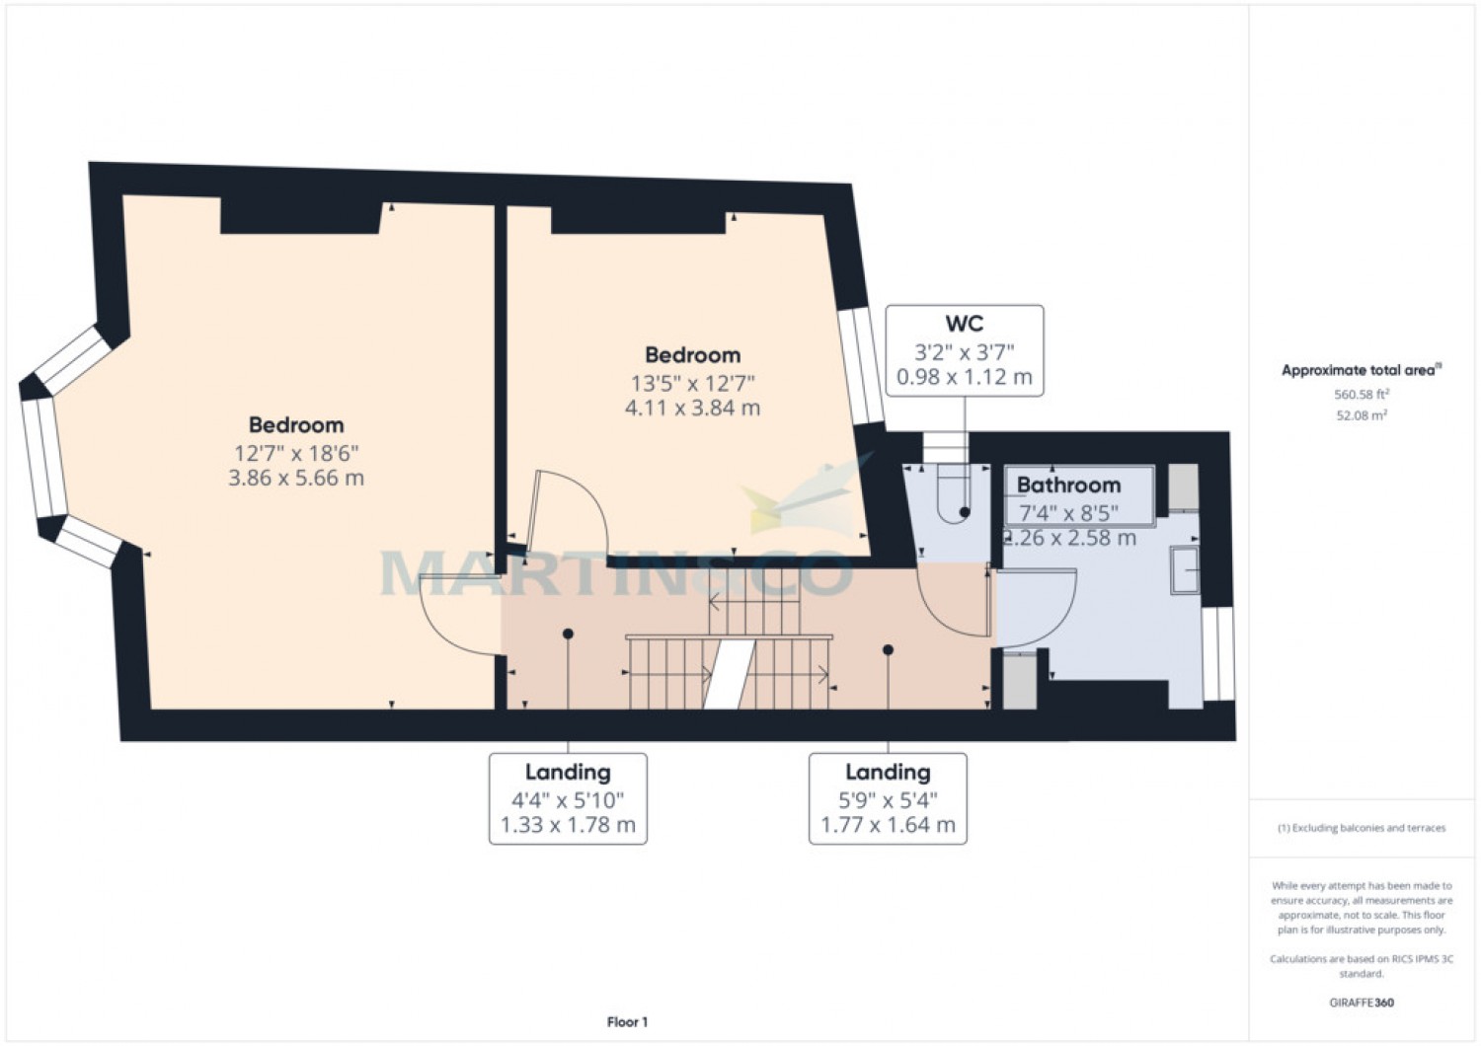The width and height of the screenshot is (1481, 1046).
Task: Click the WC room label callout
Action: coord(964,350)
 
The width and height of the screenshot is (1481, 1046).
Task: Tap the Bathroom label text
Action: coord(1068,485)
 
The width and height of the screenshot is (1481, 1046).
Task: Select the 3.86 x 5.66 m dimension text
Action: coord(296,479)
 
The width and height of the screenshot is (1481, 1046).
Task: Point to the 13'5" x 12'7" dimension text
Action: coord(692,383)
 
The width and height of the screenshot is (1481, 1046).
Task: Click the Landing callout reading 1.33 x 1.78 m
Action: coord(568,798)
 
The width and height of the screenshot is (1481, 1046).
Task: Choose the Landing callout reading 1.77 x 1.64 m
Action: coord(888,798)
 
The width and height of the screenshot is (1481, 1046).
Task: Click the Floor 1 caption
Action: coord(627,1022)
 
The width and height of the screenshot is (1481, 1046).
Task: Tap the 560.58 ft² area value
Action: coord(1362,395)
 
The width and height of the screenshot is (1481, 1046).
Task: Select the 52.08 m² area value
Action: coord(1362,415)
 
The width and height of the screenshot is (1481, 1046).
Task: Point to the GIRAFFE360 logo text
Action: coord(1362,1003)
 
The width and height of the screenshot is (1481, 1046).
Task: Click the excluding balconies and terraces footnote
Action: coord(1362,828)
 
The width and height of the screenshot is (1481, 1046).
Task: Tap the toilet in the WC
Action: coord(956,493)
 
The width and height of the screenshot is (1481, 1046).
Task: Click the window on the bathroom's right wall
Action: coord(1219,653)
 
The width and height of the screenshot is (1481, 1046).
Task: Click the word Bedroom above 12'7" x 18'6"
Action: coord(296,425)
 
